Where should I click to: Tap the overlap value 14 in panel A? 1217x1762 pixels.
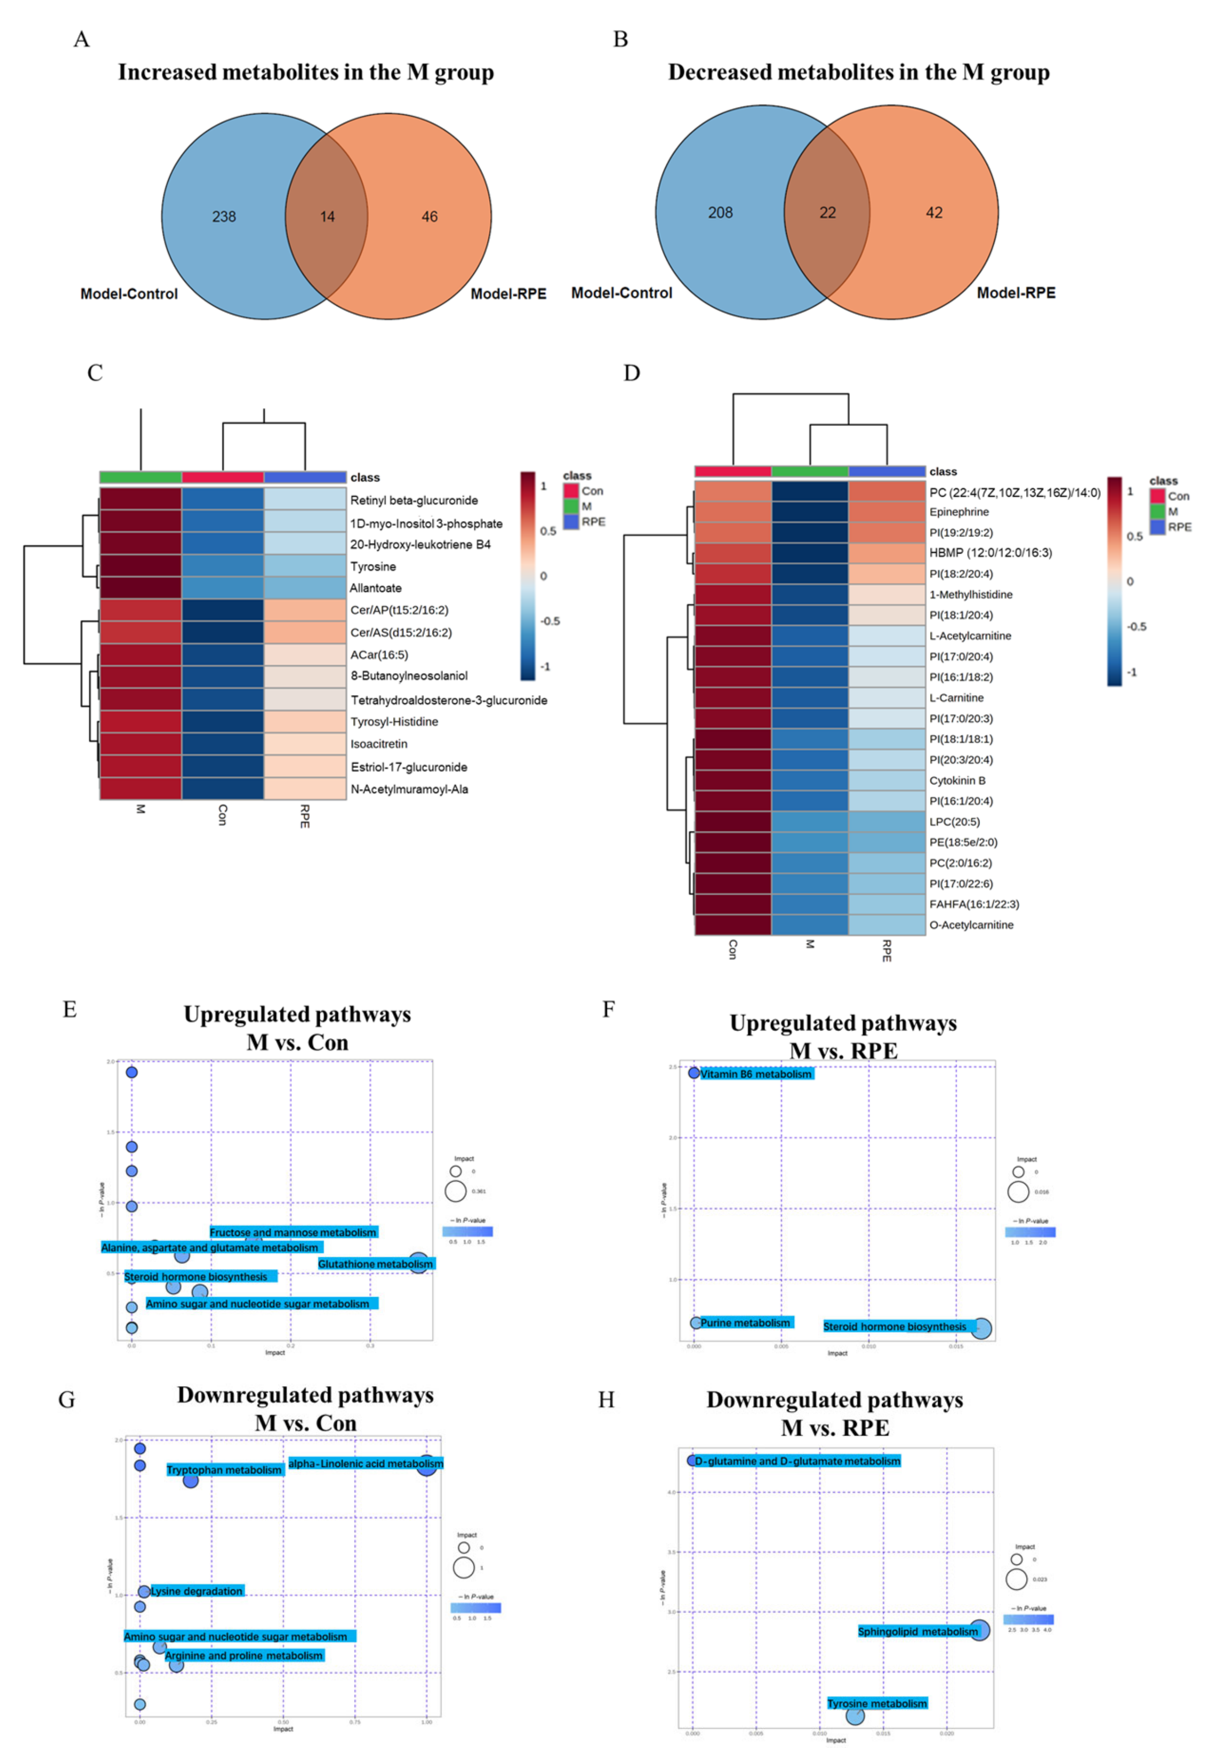[327, 217]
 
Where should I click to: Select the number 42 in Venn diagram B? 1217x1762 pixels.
[934, 213]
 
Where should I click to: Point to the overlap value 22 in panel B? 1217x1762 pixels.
[827, 213]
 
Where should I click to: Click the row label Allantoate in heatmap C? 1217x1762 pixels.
[375, 588]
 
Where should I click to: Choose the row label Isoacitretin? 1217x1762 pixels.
[379, 744]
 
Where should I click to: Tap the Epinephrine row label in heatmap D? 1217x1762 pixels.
[958, 512]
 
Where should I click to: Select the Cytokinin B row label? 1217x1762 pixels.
[957, 781]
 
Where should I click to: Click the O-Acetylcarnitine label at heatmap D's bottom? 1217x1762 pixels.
[970, 925]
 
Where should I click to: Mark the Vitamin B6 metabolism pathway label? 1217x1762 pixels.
[756, 1074]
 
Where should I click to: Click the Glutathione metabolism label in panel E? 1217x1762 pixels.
[375, 1264]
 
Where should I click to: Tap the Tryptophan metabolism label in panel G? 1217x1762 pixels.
[224, 1470]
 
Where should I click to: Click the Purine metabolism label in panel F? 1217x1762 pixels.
[745, 1323]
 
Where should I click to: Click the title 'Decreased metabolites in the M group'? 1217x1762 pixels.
[859, 72]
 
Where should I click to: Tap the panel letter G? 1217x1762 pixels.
[67, 1400]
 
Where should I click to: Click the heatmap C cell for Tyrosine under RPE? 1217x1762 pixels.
[305, 566]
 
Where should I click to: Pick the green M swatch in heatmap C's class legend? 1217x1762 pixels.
[570, 506]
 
